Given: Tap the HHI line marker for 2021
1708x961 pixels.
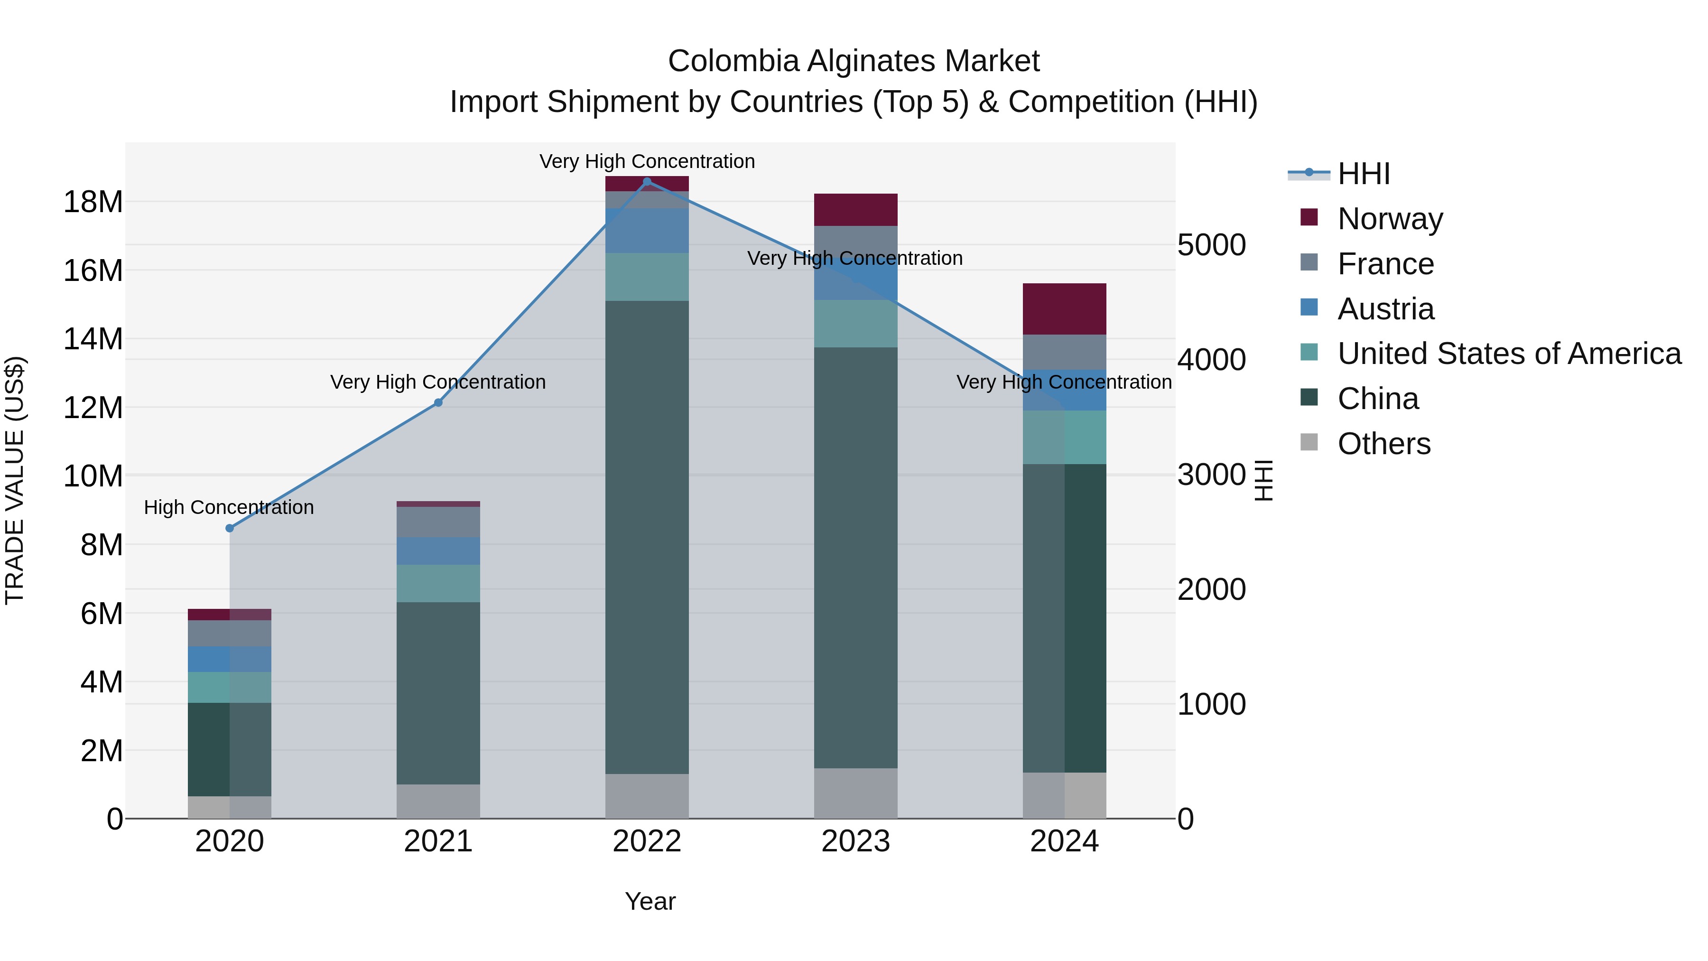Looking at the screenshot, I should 438,402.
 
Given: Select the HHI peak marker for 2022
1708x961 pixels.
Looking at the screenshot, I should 647,181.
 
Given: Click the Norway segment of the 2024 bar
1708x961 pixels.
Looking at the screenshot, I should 1064,309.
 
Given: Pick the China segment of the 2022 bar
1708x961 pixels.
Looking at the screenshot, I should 647,537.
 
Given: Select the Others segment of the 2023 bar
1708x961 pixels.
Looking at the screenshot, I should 855,793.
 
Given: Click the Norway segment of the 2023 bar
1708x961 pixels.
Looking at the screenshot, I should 855,210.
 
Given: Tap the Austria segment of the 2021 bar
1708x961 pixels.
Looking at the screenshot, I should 438,551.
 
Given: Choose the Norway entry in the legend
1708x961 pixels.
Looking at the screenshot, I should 1390,219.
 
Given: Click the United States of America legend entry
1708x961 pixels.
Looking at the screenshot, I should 1508,354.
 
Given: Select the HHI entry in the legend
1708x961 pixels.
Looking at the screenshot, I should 1363,174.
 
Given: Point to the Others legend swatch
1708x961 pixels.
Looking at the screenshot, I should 1309,442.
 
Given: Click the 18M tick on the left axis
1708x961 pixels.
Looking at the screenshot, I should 93,202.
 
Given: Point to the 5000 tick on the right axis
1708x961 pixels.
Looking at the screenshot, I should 1211,245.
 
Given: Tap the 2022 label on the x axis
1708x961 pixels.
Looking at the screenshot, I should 647,841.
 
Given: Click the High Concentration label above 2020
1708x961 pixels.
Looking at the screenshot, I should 229,507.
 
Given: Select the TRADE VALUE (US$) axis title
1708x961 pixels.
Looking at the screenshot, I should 15,480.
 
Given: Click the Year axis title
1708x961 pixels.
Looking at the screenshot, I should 650,901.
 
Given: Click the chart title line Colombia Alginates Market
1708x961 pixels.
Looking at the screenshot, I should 854,61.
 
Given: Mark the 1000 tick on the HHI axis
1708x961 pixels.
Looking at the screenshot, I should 1211,704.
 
